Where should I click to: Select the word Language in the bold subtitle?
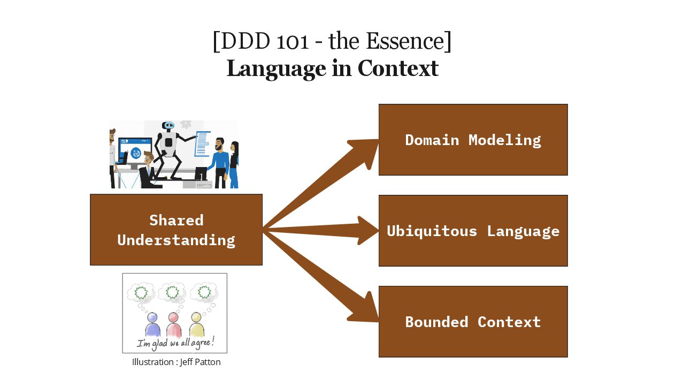point(276,69)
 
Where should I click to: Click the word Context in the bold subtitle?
point(398,69)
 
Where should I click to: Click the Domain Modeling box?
point(473,140)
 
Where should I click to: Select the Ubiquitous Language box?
point(473,231)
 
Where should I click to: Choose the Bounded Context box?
point(473,322)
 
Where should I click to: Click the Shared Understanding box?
point(176,230)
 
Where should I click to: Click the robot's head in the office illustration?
point(168,126)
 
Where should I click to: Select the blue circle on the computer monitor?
point(136,153)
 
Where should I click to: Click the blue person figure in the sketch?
point(153,324)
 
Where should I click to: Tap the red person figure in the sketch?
point(173,324)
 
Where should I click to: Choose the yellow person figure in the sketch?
point(196,324)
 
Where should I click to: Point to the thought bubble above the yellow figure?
point(204,292)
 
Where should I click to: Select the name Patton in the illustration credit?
point(208,362)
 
